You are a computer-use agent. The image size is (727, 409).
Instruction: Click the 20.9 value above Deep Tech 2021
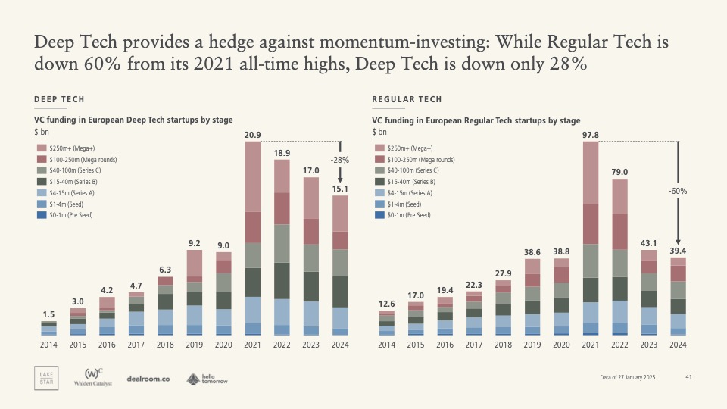click(253, 136)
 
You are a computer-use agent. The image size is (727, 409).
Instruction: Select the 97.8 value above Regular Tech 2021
click(591, 136)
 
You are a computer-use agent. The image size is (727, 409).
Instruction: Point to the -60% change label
click(677, 192)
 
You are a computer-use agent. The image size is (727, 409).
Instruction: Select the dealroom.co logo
click(148, 379)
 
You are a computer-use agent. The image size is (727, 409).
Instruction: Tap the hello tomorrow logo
click(207, 379)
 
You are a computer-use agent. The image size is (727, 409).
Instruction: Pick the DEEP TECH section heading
click(59, 100)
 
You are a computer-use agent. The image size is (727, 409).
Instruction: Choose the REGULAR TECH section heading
click(407, 100)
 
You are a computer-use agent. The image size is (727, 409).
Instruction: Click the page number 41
click(688, 377)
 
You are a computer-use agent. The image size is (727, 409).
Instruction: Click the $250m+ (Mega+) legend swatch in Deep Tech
click(40, 148)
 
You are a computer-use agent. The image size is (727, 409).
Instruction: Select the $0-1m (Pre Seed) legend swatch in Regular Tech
click(379, 215)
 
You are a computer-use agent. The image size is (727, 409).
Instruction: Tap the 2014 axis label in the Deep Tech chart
click(48, 345)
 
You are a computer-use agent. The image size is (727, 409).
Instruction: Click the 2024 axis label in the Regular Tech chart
click(678, 345)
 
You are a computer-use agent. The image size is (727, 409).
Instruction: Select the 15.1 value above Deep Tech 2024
click(340, 189)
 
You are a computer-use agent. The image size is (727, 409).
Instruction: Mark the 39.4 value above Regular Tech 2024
click(678, 251)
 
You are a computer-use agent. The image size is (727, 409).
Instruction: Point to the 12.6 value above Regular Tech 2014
click(386, 304)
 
